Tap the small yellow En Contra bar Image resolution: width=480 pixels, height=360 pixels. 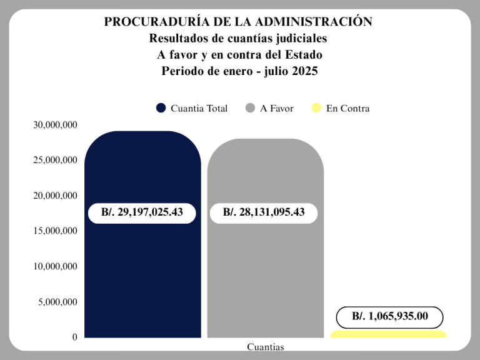pos(388,334)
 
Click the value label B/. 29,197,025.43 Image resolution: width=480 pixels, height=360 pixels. pos(142,212)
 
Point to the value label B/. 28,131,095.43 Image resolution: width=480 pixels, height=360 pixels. pos(264,212)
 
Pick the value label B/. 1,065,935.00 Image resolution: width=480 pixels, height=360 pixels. pos(390,317)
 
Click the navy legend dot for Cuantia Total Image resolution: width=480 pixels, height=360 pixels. pos(161,108)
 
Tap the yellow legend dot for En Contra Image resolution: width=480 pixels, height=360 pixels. pos(316,108)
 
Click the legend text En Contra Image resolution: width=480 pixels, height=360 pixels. pos(347,109)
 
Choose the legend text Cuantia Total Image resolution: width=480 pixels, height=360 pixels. pos(199,109)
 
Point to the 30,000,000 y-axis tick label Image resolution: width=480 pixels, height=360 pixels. pos(55,125)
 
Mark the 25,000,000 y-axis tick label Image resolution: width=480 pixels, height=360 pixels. pos(55,161)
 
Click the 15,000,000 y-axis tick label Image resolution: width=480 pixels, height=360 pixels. pos(55,231)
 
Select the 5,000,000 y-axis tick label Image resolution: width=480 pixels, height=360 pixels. pos(57,302)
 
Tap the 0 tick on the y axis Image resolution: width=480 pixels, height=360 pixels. pos(74,337)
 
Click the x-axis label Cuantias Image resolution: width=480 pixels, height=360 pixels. pos(265,347)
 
